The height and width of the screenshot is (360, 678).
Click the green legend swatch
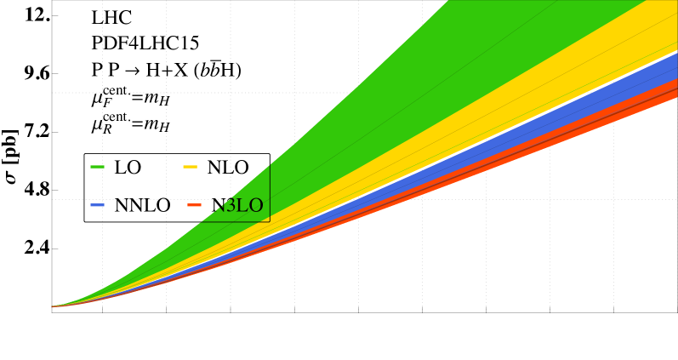point(97,167)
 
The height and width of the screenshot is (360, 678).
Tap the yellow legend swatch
point(190,167)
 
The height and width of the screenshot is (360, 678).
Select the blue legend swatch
point(97,205)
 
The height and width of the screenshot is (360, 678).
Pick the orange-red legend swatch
point(195,205)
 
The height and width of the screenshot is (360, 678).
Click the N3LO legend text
point(239,206)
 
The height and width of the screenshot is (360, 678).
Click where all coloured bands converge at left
point(54,306)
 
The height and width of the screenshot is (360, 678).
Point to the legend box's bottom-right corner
point(270,221)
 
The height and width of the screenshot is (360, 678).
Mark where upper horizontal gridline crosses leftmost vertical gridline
point(103,92)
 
